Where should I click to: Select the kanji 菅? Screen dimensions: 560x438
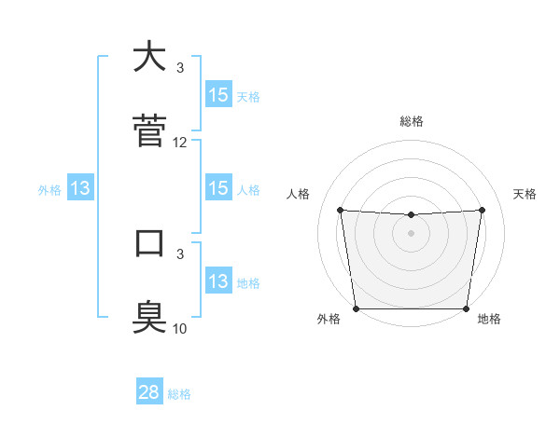pyautogui.click(x=149, y=130)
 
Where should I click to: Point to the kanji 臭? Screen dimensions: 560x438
pyautogui.click(x=149, y=317)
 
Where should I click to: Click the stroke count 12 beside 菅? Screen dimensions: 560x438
pyautogui.click(x=180, y=143)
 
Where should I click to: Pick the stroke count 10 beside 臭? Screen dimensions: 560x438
pyautogui.click(x=180, y=328)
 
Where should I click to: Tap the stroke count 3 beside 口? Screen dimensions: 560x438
pyautogui.click(x=180, y=253)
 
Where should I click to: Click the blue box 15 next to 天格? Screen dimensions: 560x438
pyautogui.click(x=218, y=94)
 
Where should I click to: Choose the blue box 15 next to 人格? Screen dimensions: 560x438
pyautogui.click(x=218, y=188)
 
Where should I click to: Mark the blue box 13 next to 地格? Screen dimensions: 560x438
pyautogui.click(x=218, y=281)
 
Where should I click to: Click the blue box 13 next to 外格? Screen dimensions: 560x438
pyautogui.click(x=80, y=188)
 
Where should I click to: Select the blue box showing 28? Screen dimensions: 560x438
pyautogui.click(x=149, y=392)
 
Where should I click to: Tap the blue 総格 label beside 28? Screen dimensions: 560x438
pyautogui.click(x=179, y=393)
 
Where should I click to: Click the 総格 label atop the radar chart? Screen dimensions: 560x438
pyautogui.click(x=412, y=121)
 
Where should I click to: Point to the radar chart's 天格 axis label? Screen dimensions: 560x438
pyautogui.click(x=525, y=194)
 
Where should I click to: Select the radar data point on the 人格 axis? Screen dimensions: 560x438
pyautogui.click(x=340, y=210)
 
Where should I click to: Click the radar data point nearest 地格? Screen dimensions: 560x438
pyautogui.click(x=466, y=308)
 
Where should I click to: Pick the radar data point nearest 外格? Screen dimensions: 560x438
pyautogui.click(x=357, y=308)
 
